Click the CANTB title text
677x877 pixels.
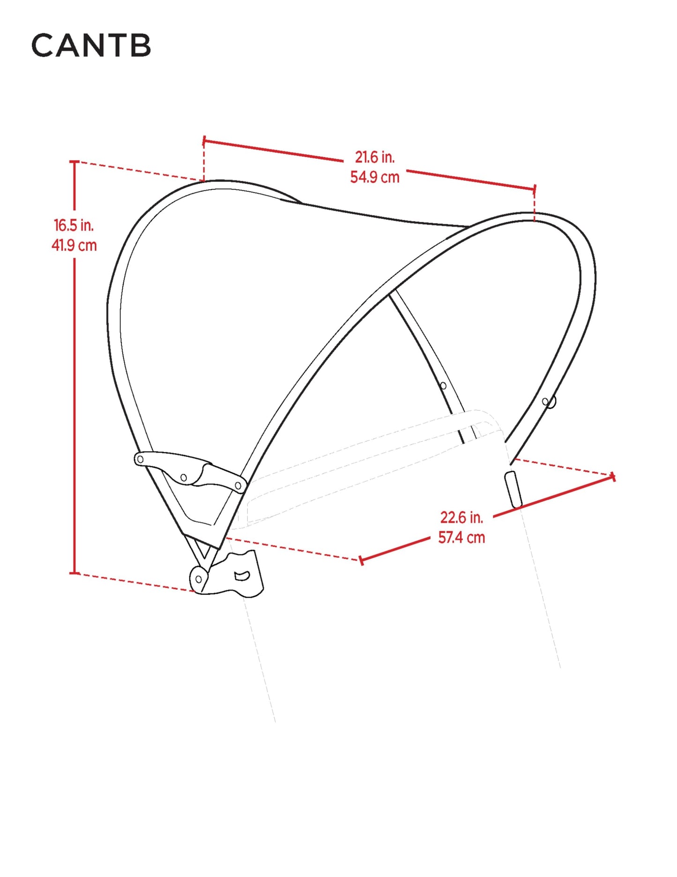[x=91, y=45]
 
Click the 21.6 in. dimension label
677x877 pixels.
[x=374, y=157]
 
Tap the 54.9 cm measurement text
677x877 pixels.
[x=375, y=177]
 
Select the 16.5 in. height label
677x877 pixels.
[x=74, y=225]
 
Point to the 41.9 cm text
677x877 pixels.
[x=74, y=245]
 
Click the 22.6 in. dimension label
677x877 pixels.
[x=461, y=517]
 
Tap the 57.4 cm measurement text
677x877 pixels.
[x=461, y=537]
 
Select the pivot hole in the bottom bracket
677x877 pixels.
[x=199, y=579]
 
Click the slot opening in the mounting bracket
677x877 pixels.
[x=242, y=575]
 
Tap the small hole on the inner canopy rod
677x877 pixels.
[x=443, y=386]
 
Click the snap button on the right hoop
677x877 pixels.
[x=550, y=402]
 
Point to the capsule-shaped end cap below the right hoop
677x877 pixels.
[x=513, y=490]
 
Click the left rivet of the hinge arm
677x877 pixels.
[x=140, y=459]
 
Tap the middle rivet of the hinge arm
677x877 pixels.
[x=184, y=478]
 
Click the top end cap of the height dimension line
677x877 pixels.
[x=74, y=161]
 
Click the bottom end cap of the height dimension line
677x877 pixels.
[x=74, y=573]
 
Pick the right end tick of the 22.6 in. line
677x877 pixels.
[x=613, y=477]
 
